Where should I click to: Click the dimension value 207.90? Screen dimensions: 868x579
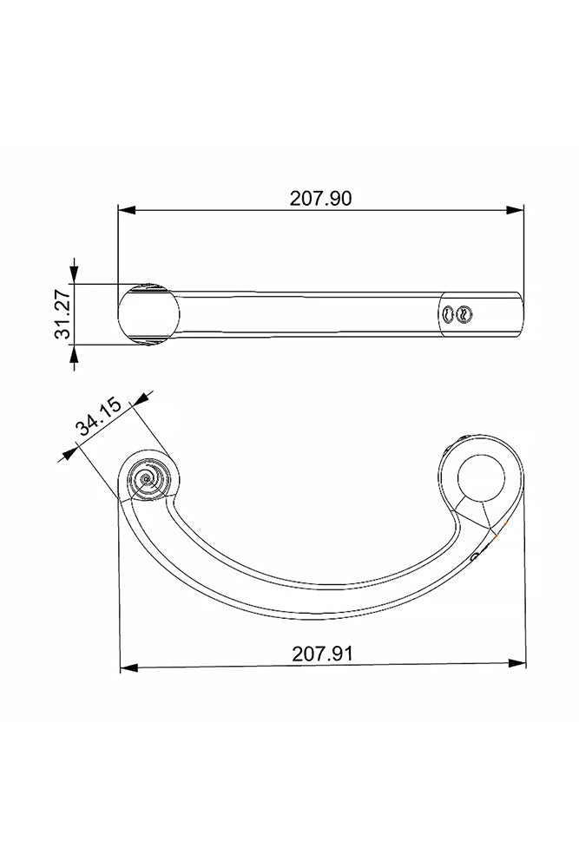(320, 198)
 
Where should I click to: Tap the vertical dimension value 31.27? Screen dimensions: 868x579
(62, 315)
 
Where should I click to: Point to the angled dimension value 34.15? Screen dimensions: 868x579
(97, 426)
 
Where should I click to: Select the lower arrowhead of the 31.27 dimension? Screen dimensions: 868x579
(76, 357)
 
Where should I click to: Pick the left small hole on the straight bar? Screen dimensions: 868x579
(449, 315)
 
